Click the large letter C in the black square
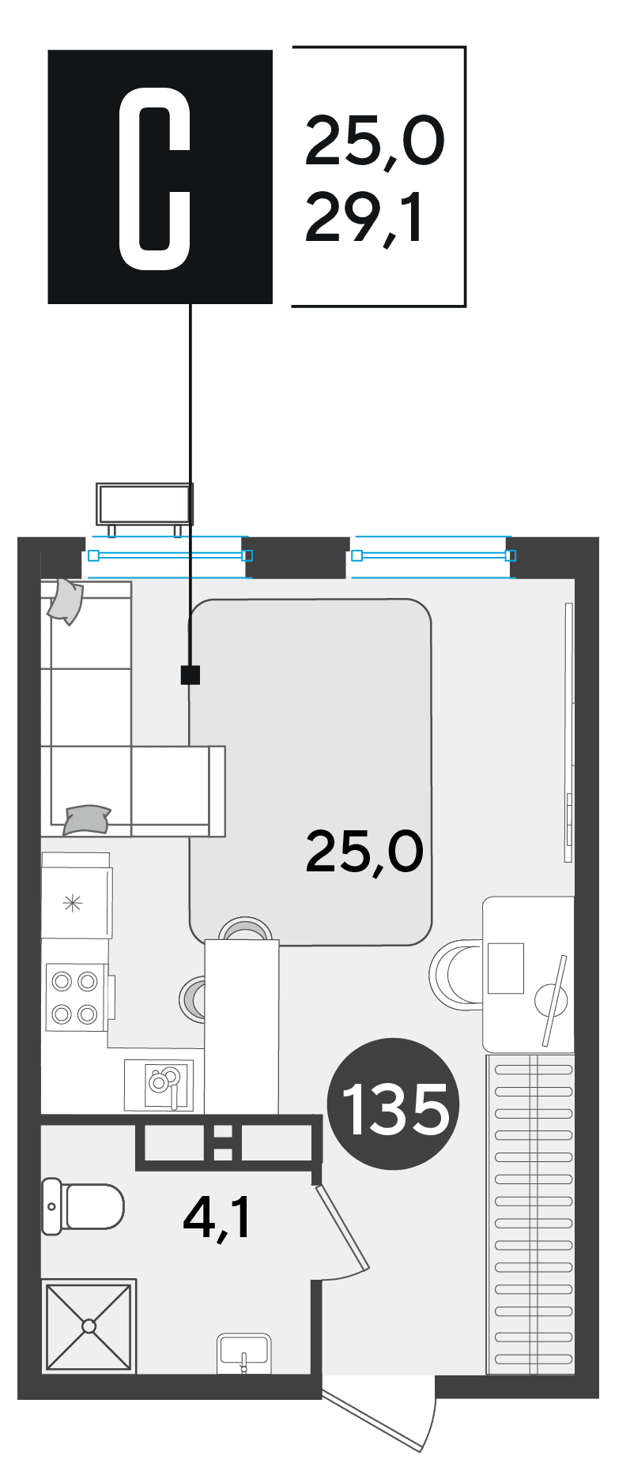[155, 179]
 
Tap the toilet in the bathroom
[83, 1206]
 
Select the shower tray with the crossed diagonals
[89, 1326]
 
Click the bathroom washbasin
[244, 1352]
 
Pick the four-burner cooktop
[77, 997]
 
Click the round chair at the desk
[456, 973]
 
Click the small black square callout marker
[191, 675]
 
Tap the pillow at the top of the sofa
[66, 600]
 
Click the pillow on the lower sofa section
[86, 819]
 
